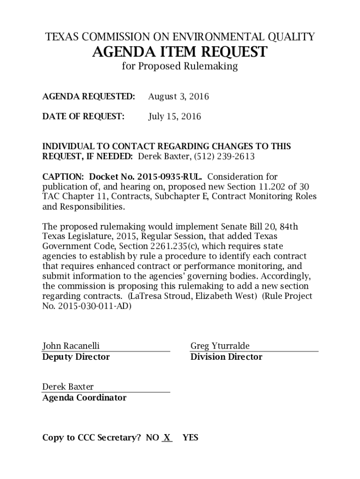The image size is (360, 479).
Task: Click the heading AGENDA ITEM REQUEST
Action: [180, 52]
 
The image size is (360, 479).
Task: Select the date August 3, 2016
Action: [178, 97]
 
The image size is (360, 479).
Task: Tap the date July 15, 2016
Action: [174, 116]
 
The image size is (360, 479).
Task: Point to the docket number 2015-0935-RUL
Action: [170, 177]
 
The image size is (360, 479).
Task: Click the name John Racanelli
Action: [71, 346]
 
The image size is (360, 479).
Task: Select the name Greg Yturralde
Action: [220, 346]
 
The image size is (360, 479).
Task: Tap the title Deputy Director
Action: [76, 357]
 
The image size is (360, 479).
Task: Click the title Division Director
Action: [226, 357]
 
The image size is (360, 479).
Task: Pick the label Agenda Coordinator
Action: [84, 398]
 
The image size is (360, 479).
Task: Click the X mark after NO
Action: [166, 438]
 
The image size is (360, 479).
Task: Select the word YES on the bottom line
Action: [190, 438]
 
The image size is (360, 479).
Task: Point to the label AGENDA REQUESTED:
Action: [88, 97]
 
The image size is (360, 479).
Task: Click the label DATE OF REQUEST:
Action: [83, 116]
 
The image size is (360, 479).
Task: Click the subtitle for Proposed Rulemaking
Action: [180, 66]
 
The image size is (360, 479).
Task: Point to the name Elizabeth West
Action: [225, 297]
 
